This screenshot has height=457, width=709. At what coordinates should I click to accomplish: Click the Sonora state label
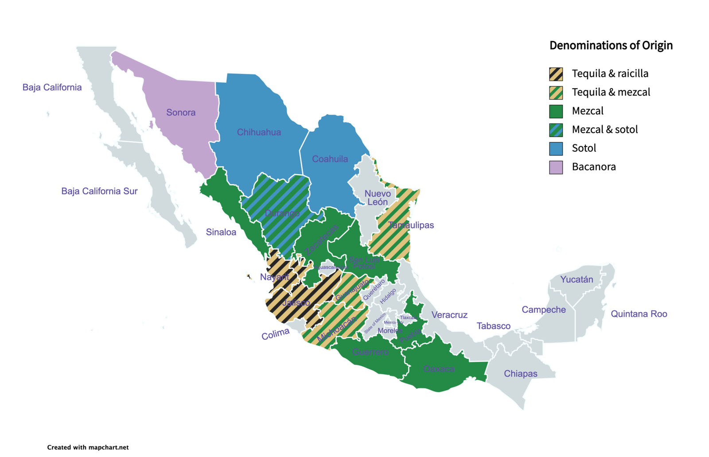click(181, 112)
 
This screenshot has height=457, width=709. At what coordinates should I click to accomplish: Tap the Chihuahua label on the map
click(259, 132)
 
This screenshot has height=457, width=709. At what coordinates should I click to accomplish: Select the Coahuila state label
click(330, 159)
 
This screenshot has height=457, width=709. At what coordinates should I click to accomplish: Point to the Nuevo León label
click(378, 198)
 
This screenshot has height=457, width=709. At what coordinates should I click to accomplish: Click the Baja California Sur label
click(99, 191)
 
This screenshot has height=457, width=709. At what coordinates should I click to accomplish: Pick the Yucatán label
click(577, 279)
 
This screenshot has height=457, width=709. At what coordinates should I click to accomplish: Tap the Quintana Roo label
click(639, 314)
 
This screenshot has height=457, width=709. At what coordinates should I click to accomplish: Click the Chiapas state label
click(520, 374)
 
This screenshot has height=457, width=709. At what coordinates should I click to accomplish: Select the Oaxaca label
click(439, 369)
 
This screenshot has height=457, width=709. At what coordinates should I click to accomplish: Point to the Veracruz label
click(449, 315)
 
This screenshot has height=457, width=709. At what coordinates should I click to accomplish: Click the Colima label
click(275, 334)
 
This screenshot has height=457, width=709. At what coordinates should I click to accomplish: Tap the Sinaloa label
click(221, 232)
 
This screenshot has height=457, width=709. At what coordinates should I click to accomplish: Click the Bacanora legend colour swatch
click(556, 167)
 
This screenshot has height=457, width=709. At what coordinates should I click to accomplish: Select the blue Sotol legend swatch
click(556, 149)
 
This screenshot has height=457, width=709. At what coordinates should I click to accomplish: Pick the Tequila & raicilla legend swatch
click(556, 74)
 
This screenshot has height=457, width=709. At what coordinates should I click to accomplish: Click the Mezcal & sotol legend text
click(604, 129)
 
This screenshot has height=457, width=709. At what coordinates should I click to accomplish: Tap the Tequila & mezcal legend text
click(611, 92)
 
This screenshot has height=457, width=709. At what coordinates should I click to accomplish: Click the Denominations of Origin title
click(611, 45)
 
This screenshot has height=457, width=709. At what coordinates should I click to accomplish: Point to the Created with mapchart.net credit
click(88, 447)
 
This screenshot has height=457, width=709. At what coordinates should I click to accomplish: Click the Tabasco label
click(493, 326)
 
